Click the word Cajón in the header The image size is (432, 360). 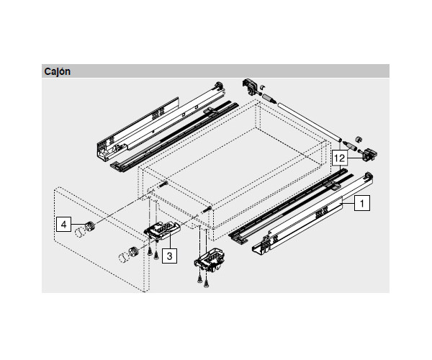coord(57,71)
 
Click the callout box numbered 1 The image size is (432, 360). coord(362,204)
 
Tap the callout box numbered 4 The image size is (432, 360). coord(64,225)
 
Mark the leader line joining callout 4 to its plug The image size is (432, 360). coord(75,225)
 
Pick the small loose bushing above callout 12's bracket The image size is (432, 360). coord(358,138)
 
